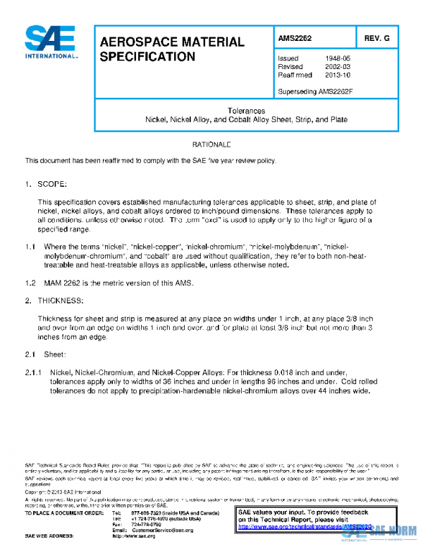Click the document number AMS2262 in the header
coord(295,37)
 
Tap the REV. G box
coord(376,37)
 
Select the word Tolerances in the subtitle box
coord(246,111)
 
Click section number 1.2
coord(30,283)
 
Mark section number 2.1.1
coord(34,371)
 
